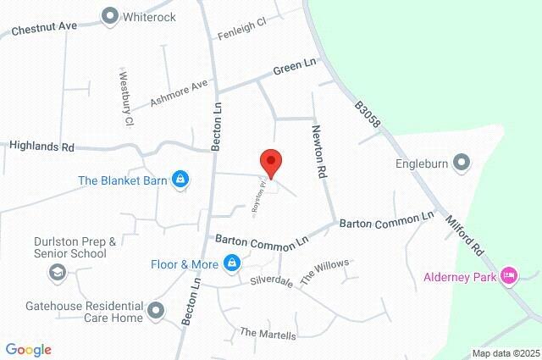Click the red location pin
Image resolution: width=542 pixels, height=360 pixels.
point(270,160)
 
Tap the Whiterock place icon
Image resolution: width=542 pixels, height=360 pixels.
point(109,15)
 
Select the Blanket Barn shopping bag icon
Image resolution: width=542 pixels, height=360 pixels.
point(180,180)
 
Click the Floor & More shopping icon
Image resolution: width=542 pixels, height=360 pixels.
point(231,264)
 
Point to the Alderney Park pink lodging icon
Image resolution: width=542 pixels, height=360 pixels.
point(508,274)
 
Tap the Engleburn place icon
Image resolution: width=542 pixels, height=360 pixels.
point(462,162)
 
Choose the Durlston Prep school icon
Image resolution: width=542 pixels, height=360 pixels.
point(58,271)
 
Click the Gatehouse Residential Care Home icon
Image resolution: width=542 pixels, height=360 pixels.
point(156,312)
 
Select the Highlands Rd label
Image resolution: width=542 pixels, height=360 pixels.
point(41,147)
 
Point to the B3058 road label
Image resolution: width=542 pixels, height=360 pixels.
point(368,116)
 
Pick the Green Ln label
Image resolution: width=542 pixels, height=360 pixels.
point(294,67)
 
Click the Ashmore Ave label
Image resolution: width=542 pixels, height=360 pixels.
point(179,93)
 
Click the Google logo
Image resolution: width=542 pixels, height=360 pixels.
point(28,350)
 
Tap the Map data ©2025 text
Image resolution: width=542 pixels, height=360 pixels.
point(505,353)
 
